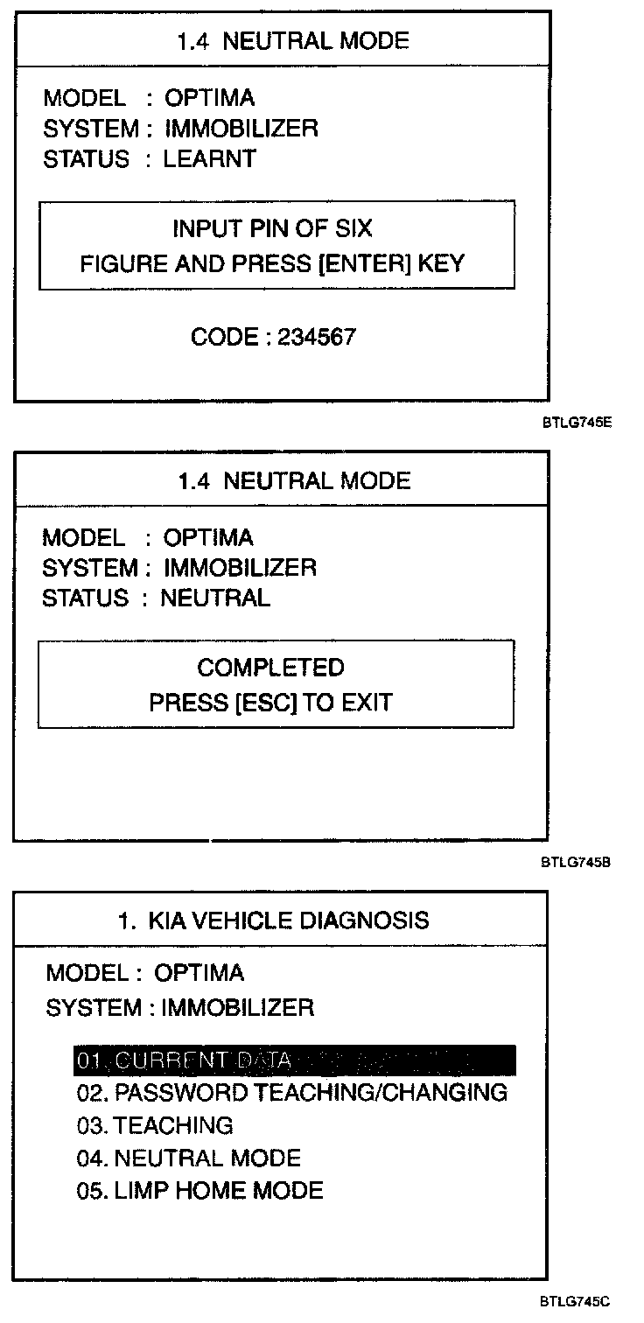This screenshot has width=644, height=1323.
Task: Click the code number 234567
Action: [317, 337]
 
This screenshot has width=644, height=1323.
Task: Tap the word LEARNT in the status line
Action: [209, 159]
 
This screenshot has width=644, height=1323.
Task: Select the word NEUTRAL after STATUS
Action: [215, 598]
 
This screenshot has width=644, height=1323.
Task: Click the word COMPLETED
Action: [270, 668]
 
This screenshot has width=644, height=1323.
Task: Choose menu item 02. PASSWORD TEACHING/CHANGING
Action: [291, 1092]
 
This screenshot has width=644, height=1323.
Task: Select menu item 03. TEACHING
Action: [155, 1125]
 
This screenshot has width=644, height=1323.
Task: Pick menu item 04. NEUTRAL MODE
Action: [188, 1158]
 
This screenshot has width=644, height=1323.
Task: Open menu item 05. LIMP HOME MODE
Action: [199, 1191]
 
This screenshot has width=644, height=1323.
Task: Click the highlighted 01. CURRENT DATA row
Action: [295, 1060]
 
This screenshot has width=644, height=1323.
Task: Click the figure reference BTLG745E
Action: [576, 422]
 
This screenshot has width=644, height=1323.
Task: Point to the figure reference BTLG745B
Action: [575, 861]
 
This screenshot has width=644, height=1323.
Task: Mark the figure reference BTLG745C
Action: [575, 1301]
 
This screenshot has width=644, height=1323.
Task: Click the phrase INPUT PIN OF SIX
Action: [272, 228]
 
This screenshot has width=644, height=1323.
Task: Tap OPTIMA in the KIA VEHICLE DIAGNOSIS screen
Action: [199, 973]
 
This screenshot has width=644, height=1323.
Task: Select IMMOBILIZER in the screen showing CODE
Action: [241, 129]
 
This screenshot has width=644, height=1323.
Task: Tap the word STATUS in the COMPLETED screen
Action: [86, 598]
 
